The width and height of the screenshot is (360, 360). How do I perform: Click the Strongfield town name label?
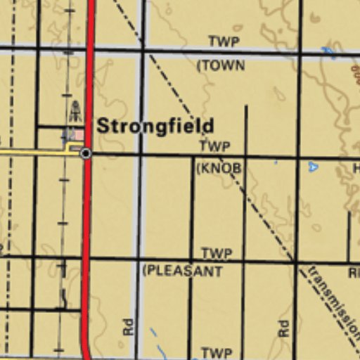point(155,127)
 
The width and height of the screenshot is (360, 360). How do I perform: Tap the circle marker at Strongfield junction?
point(86,153)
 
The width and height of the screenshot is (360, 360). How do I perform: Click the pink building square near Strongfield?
point(79,134)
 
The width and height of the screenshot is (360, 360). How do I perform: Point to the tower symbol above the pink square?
point(75,110)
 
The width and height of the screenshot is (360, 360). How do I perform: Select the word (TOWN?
point(221,65)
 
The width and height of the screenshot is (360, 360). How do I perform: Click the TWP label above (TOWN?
point(224,42)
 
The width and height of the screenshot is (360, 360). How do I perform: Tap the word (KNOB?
point(218,169)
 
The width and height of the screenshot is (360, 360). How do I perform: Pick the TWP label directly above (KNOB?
point(214,147)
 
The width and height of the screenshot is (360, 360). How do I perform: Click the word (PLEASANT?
point(182,271)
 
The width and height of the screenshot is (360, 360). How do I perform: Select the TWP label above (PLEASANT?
point(217,254)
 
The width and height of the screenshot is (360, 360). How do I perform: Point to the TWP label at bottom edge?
point(217,353)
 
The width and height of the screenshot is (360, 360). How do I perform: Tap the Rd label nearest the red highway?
point(128,326)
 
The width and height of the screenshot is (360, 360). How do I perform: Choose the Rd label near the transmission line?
point(283,328)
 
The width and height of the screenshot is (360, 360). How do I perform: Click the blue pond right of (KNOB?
point(313,167)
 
